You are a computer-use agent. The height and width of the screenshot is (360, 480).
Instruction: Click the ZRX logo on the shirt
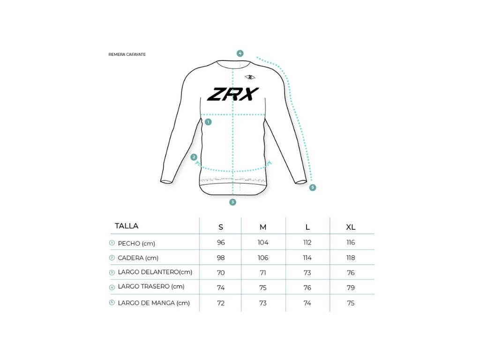coord(233,94)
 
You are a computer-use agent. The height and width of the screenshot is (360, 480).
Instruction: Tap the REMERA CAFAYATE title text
coord(127,54)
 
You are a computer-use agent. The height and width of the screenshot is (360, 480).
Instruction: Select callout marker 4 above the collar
coord(240,53)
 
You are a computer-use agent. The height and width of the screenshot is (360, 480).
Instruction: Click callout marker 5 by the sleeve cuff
coord(312,187)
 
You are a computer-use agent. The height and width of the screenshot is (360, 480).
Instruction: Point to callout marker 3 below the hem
coord(232,202)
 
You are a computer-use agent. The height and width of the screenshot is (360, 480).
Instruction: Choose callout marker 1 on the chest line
coord(208,122)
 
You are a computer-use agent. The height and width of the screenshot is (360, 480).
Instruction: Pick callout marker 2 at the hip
coord(194,157)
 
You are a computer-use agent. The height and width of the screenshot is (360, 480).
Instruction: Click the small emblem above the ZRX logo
coord(250,77)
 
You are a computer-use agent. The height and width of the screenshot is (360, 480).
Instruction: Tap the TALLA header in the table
coord(127,226)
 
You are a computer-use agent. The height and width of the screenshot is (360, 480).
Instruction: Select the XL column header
coord(351,227)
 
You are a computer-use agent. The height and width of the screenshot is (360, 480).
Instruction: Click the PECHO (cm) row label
coord(136,244)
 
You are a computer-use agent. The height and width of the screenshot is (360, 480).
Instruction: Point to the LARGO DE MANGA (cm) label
coord(154,303)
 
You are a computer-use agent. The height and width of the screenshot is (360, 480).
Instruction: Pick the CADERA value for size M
coord(263,258)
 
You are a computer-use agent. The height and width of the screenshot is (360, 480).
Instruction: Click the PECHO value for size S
coord(221,242)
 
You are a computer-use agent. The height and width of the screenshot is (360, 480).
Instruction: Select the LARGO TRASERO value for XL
coord(351,288)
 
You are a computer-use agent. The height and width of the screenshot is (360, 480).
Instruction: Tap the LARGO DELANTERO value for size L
coord(307,273)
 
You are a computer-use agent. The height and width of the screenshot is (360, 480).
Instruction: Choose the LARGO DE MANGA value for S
coord(221,303)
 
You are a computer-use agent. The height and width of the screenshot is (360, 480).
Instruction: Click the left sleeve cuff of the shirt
coord(166,181)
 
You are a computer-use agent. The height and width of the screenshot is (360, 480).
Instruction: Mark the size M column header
coord(263,227)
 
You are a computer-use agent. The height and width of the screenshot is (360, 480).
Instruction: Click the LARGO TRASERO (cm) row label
coord(151,286)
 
